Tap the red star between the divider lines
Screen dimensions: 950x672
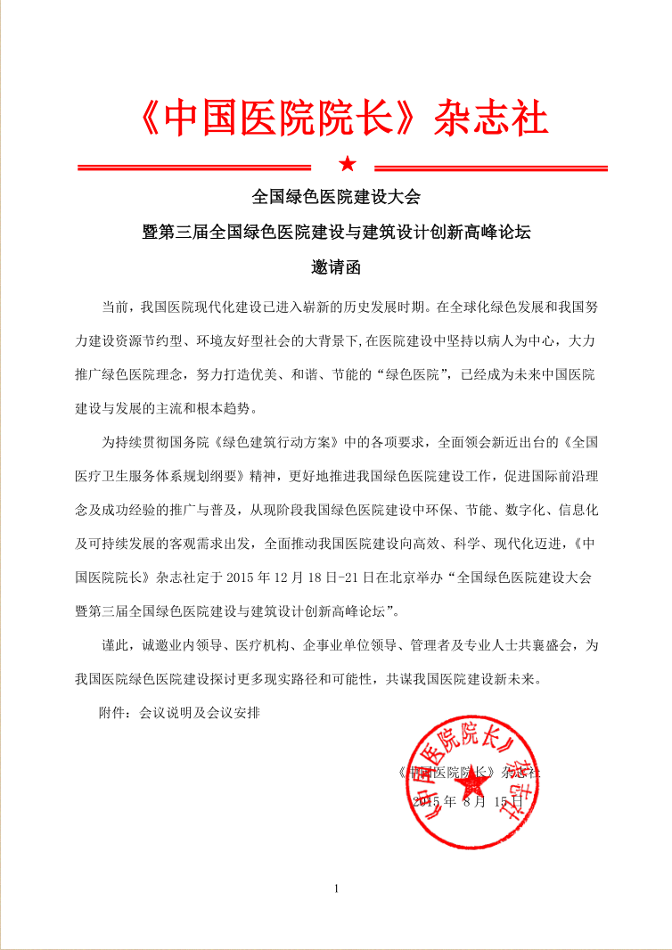coord(347,165)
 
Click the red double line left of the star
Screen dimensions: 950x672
coord(193,166)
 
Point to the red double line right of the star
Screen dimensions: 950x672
coord(491,167)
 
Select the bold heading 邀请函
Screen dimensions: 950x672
coord(336,266)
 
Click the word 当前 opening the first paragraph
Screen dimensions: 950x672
coord(115,308)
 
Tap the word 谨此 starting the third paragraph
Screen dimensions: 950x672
coord(115,644)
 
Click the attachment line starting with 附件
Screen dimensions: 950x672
coord(178,713)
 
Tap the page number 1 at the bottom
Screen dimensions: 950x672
coord(336,889)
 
